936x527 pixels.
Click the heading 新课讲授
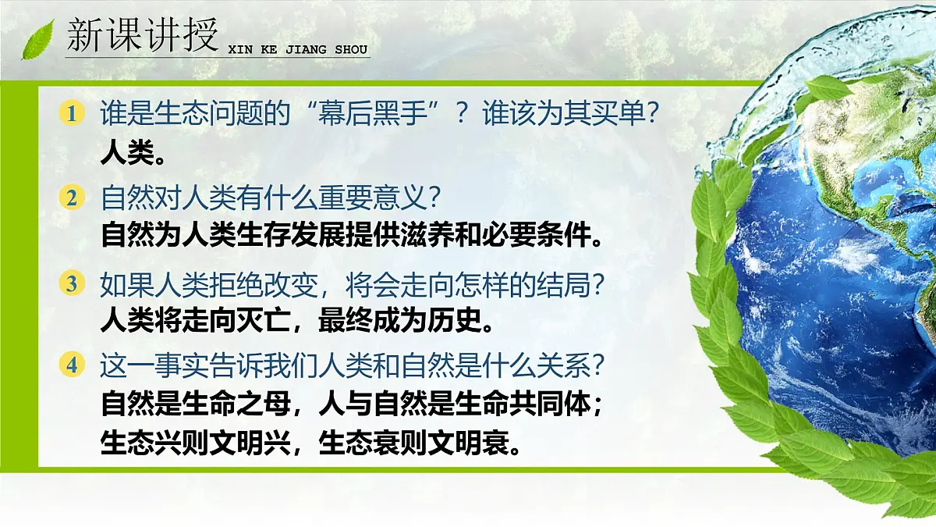[x=140, y=36]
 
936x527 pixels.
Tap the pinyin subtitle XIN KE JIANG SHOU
[x=297, y=50]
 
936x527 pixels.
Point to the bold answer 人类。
[x=133, y=153]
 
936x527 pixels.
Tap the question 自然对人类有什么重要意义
[x=265, y=198]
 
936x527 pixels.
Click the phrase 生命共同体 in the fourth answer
[x=515, y=405]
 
